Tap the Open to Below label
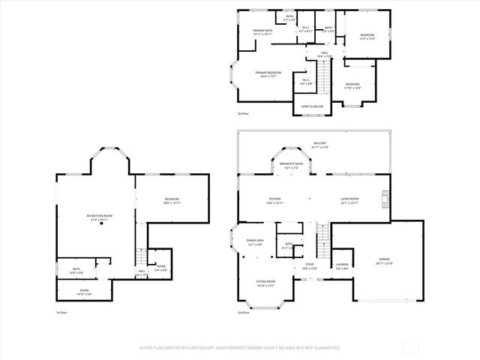click(312, 106)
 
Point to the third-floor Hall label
click(325, 54)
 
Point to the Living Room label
click(349, 200)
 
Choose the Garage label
click(384, 262)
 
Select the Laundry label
click(342, 266)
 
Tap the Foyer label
click(309, 266)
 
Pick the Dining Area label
click(254, 242)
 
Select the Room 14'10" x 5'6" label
click(84, 292)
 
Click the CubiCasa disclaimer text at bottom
click(240, 348)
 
